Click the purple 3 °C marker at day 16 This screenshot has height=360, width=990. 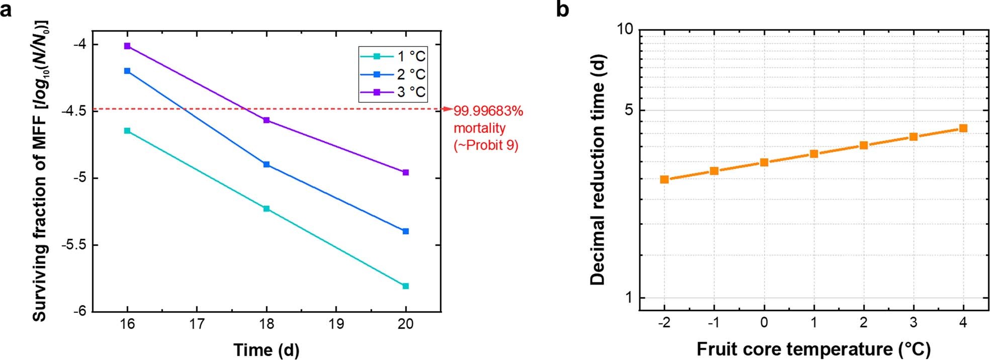(x=127, y=46)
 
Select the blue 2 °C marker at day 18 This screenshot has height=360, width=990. (x=266, y=164)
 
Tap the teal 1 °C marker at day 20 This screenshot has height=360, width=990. (x=406, y=286)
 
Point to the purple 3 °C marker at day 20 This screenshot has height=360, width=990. (x=406, y=172)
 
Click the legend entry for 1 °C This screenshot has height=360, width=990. (x=393, y=56)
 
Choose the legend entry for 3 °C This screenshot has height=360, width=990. (x=393, y=92)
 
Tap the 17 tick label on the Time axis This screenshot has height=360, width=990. (x=197, y=324)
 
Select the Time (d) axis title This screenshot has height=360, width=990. (x=266, y=349)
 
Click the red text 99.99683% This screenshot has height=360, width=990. (x=488, y=111)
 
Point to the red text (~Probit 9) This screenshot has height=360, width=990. (x=486, y=145)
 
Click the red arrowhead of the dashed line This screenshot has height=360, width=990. (x=448, y=109)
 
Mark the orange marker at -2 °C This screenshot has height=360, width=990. (x=664, y=179)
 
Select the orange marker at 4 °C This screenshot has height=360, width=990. (x=963, y=128)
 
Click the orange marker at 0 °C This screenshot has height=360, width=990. (x=764, y=162)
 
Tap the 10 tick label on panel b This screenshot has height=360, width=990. (x=625, y=30)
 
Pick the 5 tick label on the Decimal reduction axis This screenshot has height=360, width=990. (x=628, y=110)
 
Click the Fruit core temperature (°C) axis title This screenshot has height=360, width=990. (x=814, y=349)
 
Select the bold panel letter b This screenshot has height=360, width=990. (x=563, y=9)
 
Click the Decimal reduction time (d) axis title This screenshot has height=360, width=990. (x=597, y=170)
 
